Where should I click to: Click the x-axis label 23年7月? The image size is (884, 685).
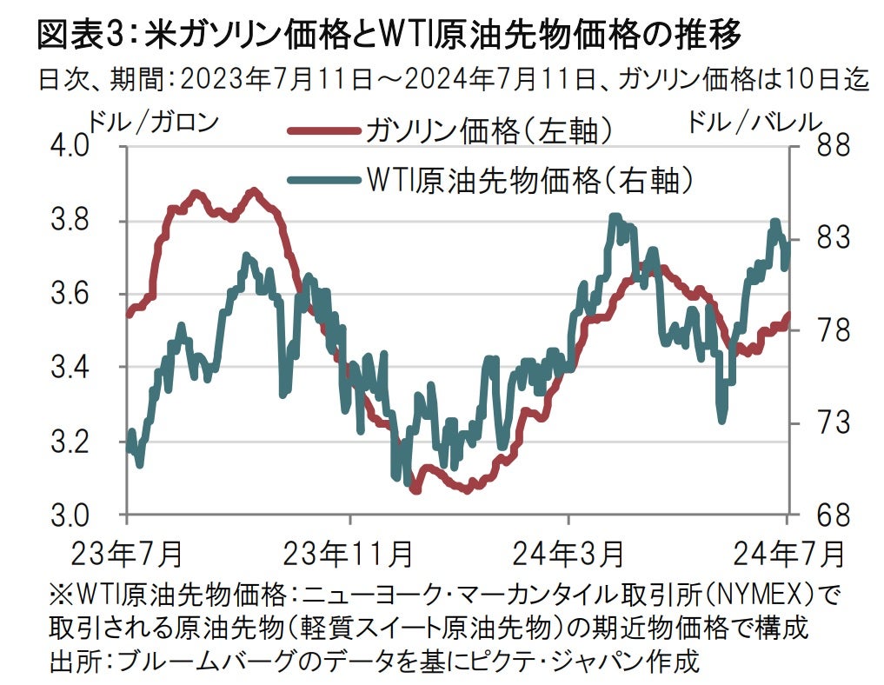click(x=127, y=552)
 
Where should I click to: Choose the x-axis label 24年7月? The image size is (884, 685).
click(x=787, y=552)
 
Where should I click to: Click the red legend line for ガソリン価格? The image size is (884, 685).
click(x=322, y=132)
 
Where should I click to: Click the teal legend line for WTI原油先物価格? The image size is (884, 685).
click(x=322, y=180)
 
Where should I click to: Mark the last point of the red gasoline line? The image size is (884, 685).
click(x=788, y=315)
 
